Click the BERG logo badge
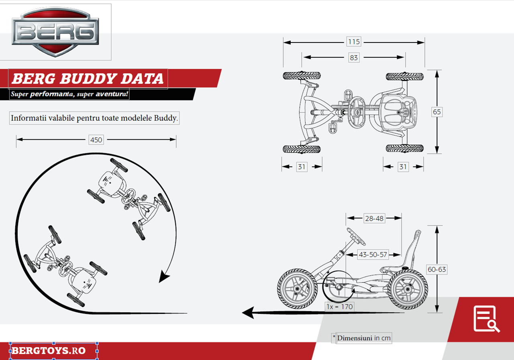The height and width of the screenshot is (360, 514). [55, 32]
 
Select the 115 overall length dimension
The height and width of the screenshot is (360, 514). [354, 42]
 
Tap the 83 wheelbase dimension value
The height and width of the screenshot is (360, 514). [353, 58]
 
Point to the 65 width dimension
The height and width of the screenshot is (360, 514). [437, 112]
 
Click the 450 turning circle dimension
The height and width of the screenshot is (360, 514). [96, 140]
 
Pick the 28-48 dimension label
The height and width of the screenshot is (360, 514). [374, 218]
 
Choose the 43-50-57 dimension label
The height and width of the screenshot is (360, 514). [373, 254]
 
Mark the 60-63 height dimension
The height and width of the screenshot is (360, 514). [436, 269]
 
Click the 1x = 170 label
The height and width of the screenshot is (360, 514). [340, 307]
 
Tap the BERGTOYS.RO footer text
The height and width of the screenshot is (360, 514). [49, 351]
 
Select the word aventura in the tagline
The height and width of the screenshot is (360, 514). [113, 94]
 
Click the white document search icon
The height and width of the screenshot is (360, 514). [486, 319]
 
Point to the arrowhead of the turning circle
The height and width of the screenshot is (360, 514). [165, 277]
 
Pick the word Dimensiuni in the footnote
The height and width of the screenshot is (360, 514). [355, 338]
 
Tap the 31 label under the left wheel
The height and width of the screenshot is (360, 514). [302, 167]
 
